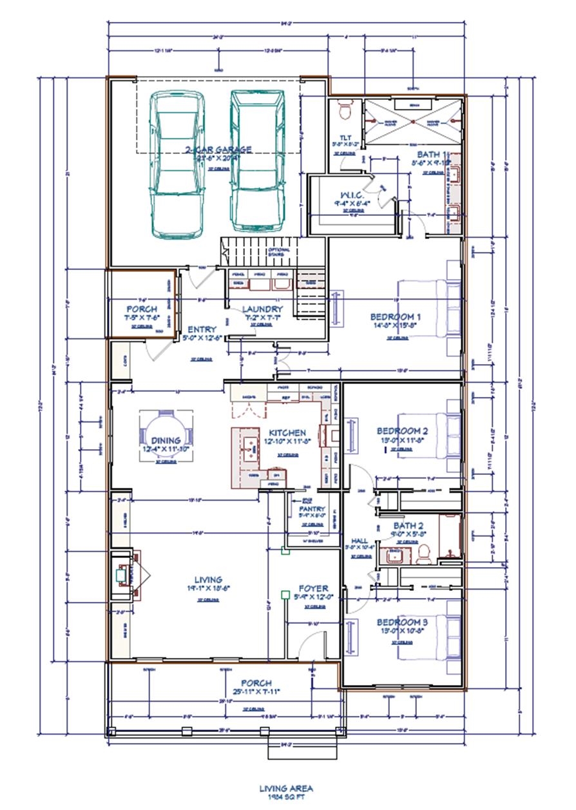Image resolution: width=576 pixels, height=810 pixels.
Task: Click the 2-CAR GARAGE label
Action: point(218,150)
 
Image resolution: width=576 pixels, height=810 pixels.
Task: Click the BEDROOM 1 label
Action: point(395,317)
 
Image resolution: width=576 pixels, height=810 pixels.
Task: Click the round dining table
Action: point(166,436)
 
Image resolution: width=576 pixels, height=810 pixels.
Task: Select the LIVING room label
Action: point(207,580)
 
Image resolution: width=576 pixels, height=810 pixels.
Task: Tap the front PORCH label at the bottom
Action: point(256,683)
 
